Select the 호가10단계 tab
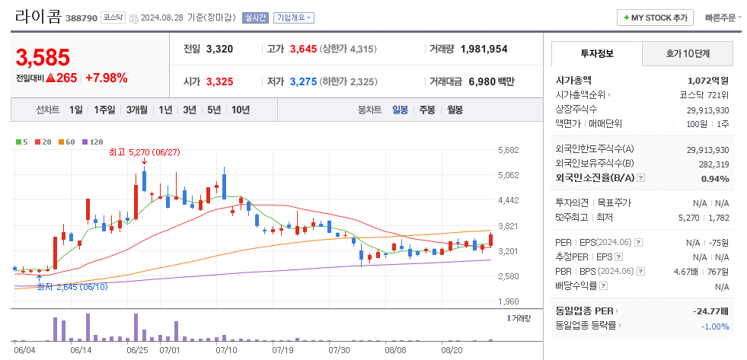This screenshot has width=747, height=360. (688, 53)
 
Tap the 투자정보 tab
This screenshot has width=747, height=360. (596, 53)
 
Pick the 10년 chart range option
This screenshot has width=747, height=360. (240, 110)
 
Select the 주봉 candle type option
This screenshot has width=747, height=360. (426, 110)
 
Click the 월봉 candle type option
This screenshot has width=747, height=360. (455, 110)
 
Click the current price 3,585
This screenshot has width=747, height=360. (43, 58)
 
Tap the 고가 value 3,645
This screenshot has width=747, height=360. (303, 49)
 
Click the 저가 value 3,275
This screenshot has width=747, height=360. (303, 81)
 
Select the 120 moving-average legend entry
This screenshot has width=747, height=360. (94, 142)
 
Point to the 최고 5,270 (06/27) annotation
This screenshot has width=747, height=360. (144, 153)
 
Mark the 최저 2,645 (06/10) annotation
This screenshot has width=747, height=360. (72, 287)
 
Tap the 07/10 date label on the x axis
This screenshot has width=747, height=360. (226, 350)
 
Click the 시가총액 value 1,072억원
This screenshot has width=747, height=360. (707, 80)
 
